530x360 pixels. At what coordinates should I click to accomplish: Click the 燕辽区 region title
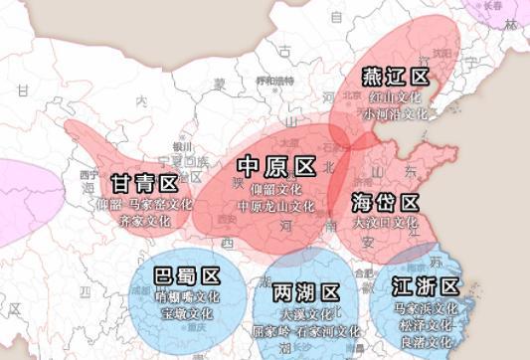tap(395, 77)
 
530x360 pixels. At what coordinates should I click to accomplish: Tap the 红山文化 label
tap(395, 98)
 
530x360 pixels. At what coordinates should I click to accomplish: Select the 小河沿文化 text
tap(395, 114)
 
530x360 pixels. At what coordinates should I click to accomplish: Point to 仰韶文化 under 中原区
tap(275, 188)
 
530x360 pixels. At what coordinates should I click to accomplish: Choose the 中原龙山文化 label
tap(275, 206)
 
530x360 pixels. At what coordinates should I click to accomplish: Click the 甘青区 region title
tap(144, 183)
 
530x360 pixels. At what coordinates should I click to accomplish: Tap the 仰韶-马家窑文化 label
tap(144, 204)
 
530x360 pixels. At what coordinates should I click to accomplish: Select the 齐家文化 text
tap(144, 220)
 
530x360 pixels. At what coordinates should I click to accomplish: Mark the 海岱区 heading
tap(385, 202)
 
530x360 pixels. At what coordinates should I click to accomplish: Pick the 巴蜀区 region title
tap(188, 275)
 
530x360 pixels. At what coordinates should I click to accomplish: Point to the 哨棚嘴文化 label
tap(188, 296)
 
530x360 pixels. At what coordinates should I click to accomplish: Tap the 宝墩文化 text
tap(188, 313)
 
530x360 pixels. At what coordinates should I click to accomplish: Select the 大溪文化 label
tap(306, 313)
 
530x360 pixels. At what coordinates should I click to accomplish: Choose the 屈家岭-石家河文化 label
tap(306, 331)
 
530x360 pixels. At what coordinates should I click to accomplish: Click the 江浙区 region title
tap(426, 286)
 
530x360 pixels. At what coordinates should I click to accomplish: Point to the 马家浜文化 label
tap(426, 308)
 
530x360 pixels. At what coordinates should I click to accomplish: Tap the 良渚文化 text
tap(426, 341)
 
